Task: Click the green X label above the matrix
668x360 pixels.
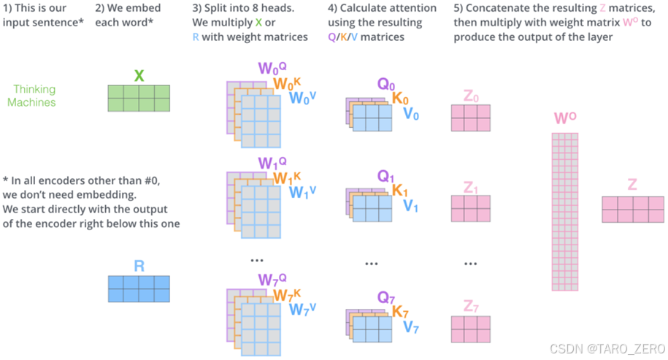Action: pos(139,76)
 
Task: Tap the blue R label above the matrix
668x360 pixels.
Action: pos(139,267)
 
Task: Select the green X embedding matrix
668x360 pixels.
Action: pos(139,97)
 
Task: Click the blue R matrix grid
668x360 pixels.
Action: pos(139,288)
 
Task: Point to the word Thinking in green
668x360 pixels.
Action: pos(34,89)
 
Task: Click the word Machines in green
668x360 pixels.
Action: pos(31,102)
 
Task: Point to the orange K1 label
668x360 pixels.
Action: pos(400,191)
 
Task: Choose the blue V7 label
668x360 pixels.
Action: pos(411,326)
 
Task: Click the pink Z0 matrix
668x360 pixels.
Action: pos(470,117)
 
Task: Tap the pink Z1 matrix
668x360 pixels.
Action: pos(470,208)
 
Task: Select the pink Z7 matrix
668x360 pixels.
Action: pos(470,329)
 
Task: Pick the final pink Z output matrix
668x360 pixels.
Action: pos(631,209)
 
